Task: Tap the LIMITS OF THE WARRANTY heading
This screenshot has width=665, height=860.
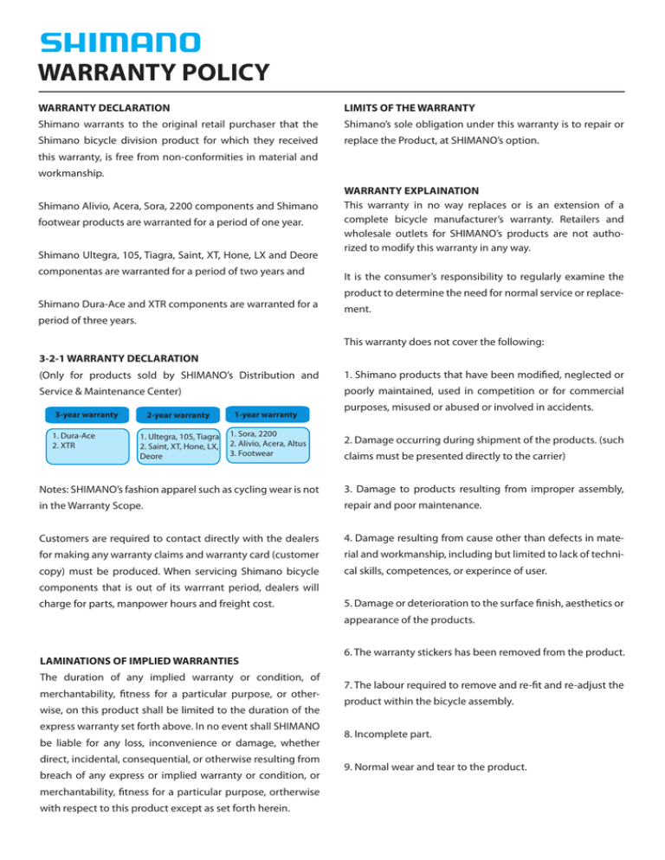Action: click(x=410, y=108)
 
